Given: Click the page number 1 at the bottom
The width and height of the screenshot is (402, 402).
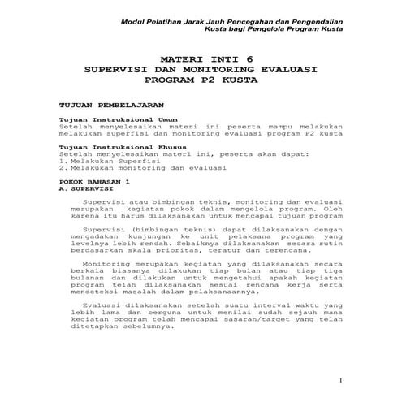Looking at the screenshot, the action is (341, 379).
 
